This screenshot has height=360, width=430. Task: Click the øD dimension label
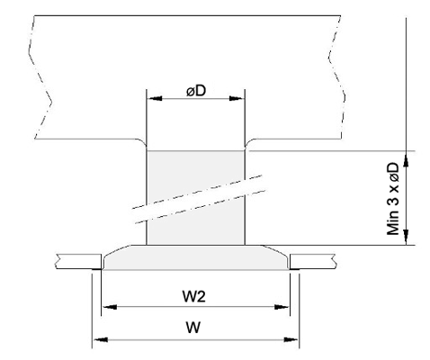(196, 91)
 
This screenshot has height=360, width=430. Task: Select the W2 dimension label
(194, 297)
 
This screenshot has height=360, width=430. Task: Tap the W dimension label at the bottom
(193, 328)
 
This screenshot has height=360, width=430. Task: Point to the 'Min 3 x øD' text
(393, 199)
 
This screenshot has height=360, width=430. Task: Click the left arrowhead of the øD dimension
(156, 98)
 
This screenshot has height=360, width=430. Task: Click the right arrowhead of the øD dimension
(236, 98)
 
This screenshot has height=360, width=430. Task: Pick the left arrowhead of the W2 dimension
(110, 307)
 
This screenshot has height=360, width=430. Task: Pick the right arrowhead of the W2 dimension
(282, 307)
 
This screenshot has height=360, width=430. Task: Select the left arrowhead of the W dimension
(101, 340)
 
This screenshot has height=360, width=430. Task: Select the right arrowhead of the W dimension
(291, 340)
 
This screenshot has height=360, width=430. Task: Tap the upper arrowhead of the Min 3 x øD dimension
(406, 158)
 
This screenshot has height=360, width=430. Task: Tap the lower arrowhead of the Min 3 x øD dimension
(406, 237)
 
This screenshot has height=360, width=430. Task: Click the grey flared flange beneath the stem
(196, 257)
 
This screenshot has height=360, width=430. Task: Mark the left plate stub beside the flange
(78, 261)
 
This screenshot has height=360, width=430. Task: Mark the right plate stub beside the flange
(313, 261)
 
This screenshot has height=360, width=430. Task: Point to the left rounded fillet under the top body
(141, 143)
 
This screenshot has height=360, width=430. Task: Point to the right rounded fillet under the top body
(250, 143)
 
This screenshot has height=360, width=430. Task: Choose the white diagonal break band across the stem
(199, 200)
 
